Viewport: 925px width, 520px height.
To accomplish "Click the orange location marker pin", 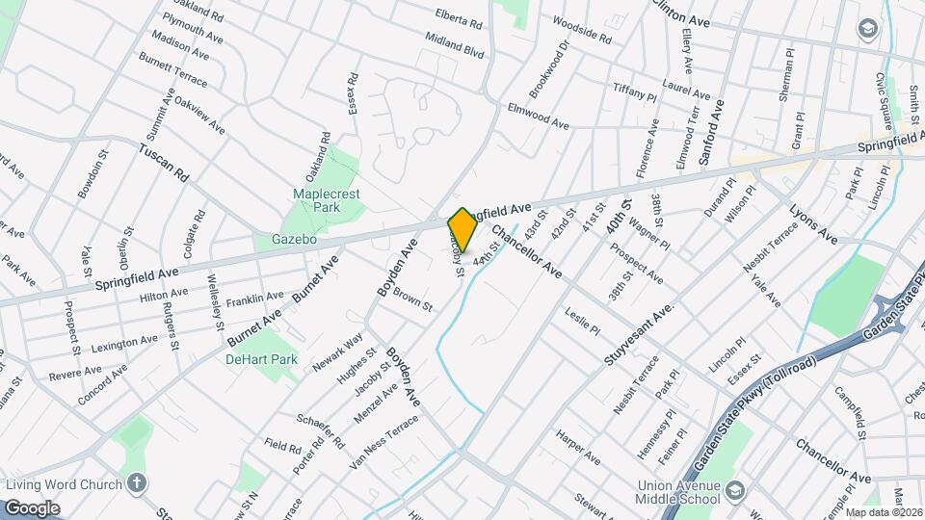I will click(x=462, y=229).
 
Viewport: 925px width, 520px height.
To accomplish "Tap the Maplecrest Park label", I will click(x=319, y=200).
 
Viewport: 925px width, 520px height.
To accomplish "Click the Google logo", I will click(x=32, y=507).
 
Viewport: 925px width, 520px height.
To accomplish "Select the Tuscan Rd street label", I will click(x=163, y=164).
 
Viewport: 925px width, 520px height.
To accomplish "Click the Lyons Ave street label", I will click(x=813, y=222).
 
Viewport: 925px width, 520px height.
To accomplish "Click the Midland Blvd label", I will click(x=455, y=44).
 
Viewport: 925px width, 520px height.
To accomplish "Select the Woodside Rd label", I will click(x=581, y=30).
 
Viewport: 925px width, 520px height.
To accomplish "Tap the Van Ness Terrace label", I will click(x=384, y=441).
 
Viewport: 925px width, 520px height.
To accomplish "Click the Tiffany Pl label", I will click(x=634, y=92).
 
